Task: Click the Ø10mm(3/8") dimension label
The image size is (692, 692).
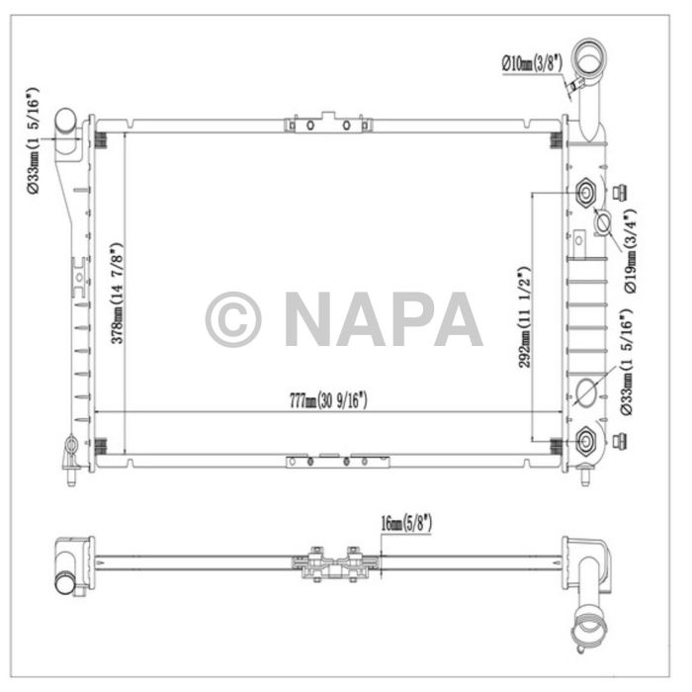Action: [x=531, y=63]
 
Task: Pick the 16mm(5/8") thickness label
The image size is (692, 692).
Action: [x=404, y=522]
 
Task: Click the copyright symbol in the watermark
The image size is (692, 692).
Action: [x=233, y=319]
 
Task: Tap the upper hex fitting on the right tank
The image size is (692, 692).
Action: [x=583, y=191]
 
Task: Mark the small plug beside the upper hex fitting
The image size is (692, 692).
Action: [x=620, y=191]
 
